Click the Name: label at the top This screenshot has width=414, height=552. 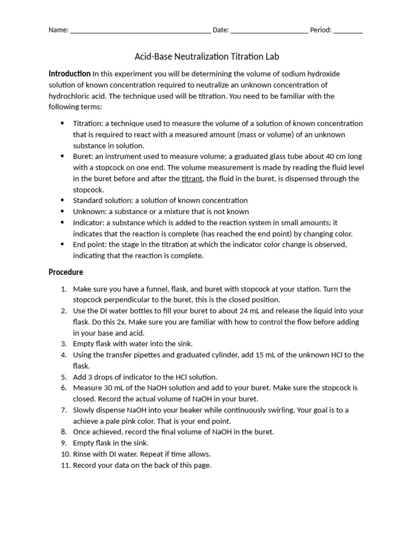point(58,30)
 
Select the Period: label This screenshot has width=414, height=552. point(321,30)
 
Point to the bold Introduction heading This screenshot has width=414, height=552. point(70,73)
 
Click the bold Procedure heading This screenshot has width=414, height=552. point(66,272)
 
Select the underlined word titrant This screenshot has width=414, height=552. point(192,178)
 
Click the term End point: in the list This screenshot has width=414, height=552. point(89,245)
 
